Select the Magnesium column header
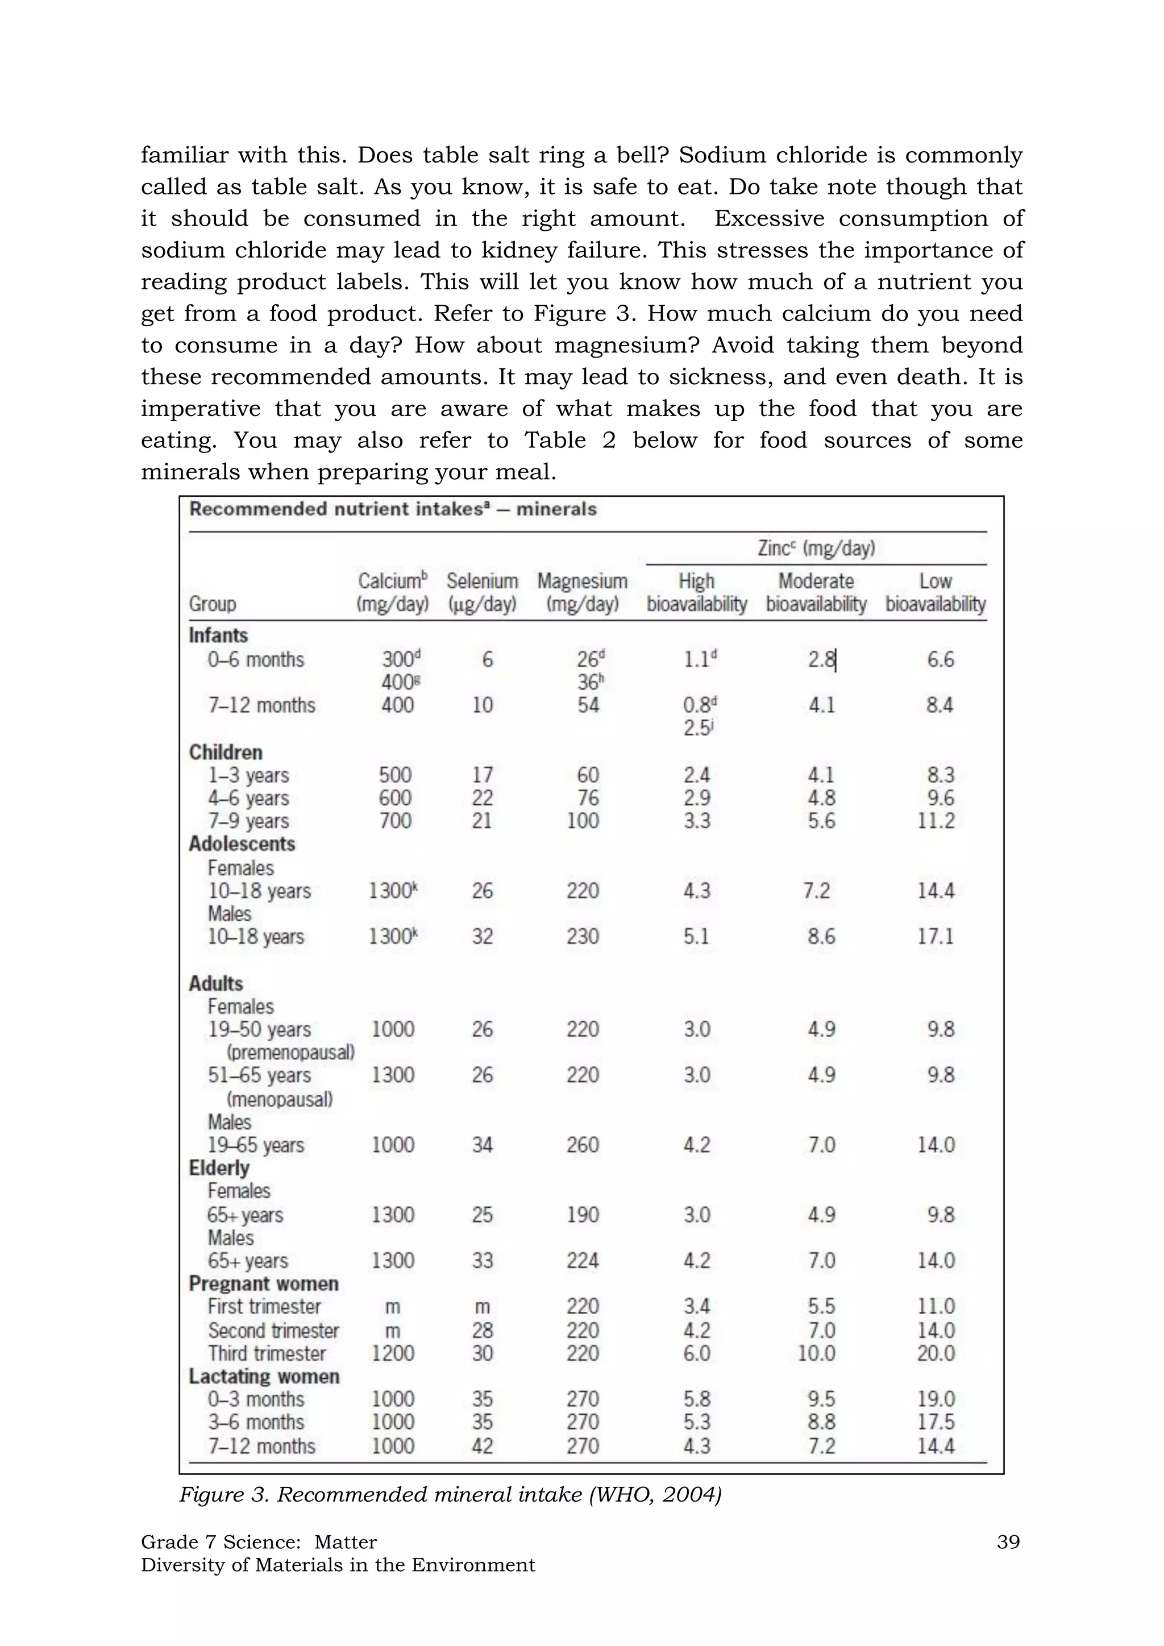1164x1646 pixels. click(x=582, y=592)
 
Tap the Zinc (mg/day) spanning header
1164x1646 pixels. click(x=816, y=548)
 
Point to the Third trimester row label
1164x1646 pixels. click(x=267, y=1353)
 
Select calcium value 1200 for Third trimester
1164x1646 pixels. click(x=392, y=1353)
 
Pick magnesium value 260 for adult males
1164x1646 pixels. click(x=582, y=1145)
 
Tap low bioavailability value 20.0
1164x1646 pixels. click(x=936, y=1353)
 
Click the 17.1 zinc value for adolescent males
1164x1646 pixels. click(x=936, y=936)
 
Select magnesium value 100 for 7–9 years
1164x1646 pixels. click(x=582, y=821)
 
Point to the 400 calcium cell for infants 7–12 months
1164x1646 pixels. click(x=397, y=705)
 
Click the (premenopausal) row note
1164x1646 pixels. click(x=290, y=1053)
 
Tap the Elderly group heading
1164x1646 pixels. click(x=219, y=1168)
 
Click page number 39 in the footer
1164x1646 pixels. click(x=1008, y=1541)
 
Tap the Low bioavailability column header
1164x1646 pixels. click(x=936, y=592)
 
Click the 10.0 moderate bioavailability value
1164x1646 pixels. click(x=816, y=1353)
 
